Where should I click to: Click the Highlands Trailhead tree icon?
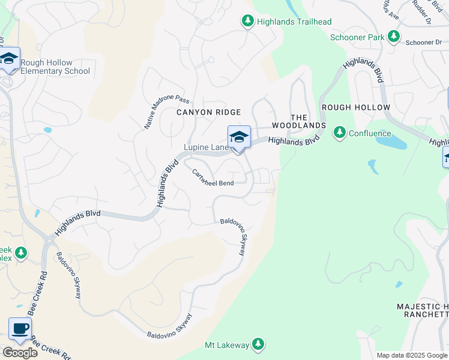click(247, 22)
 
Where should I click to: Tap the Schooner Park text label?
click(357, 37)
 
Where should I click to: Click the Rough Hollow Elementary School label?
click(55, 67)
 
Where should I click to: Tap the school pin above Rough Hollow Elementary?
click(9, 59)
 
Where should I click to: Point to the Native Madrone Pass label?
click(158, 112)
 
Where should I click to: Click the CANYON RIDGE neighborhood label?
click(208, 112)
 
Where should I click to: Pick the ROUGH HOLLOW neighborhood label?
click(356, 107)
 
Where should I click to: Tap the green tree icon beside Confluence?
click(340, 131)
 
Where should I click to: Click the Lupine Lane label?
click(205, 147)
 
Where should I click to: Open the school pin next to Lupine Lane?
click(239, 137)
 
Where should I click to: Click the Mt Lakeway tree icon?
click(258, 344)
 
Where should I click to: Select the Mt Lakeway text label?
click(226, 345)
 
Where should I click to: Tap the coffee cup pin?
click(20, 329)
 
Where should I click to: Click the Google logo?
click(20, 353)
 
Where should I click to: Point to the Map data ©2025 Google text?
click(412, 355)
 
